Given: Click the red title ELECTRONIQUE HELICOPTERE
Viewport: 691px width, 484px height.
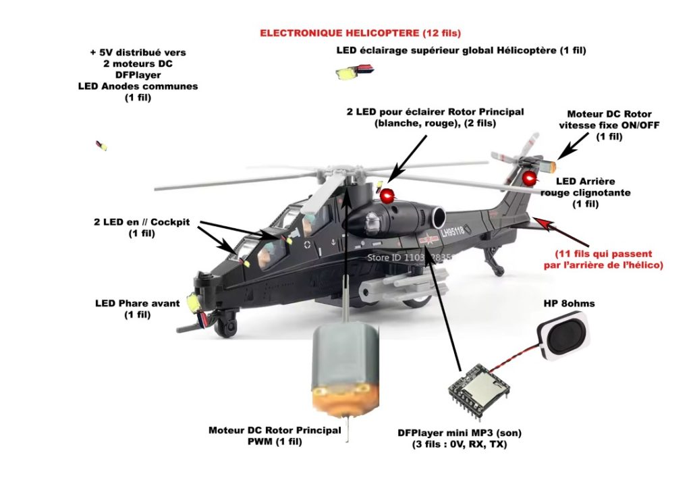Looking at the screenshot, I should [x=360, y=33].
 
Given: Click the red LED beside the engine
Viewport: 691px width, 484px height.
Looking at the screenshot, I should [x=387, y=196].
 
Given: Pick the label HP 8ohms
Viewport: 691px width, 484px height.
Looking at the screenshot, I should [x=569, y=304].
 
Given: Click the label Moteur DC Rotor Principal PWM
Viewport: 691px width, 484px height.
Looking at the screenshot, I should [x=275, y=436].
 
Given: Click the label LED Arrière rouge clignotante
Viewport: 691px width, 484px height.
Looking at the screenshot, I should [x=585, y=192].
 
